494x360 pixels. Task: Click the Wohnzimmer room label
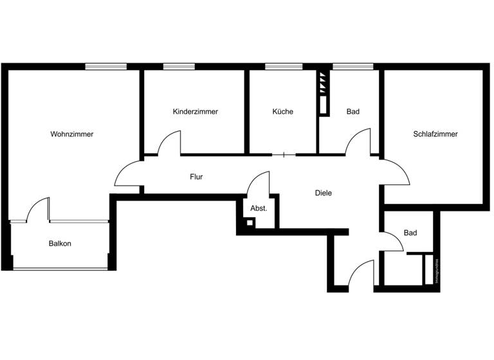(x=72, y=134)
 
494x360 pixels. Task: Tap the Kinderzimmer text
(x=196, y=112)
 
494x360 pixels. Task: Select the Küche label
(x=282, y=112)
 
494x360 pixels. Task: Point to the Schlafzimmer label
(x=435, y=134)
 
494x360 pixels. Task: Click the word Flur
(x=196, y=176)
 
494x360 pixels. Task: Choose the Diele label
(x=323, y=193)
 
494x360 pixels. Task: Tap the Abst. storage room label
(x=259, y=208)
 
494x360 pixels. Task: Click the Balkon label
(x=60, y=244)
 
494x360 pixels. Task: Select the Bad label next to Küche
(x=352, y=112)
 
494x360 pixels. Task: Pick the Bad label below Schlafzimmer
(x=410, y=233)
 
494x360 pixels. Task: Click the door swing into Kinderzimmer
(x=170, y=143)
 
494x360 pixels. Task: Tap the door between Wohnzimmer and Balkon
(x=39, y=210)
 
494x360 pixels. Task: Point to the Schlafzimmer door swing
(x=394, y=172)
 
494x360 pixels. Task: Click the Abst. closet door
(x=259, y=183)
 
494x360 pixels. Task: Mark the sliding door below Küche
(x=283, y=154)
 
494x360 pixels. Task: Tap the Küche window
(x=284, y=66)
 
